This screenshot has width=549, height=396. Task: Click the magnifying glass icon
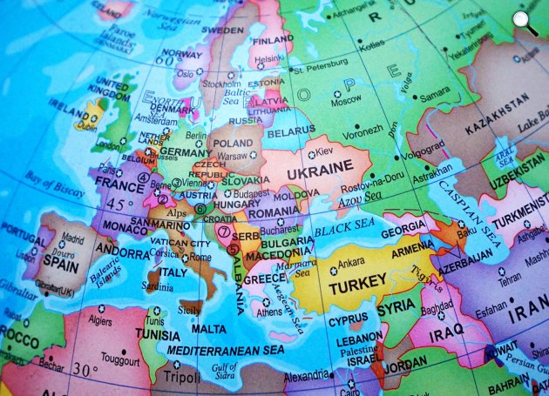coord(525,23)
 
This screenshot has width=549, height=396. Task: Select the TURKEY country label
coord(356,282)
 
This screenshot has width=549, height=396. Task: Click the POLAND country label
coord(232,143)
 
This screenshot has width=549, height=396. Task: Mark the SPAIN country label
coord(60,260)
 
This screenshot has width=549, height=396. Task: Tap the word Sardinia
coord(158,286)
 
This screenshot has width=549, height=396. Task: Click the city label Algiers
coord(98,320)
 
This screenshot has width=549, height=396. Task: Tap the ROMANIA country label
coord(272,211)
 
